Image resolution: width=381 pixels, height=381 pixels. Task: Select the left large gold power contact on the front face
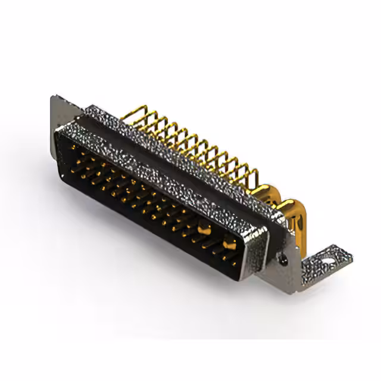pos(203,227)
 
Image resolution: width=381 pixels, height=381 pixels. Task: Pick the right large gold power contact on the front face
pos(229,242)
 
